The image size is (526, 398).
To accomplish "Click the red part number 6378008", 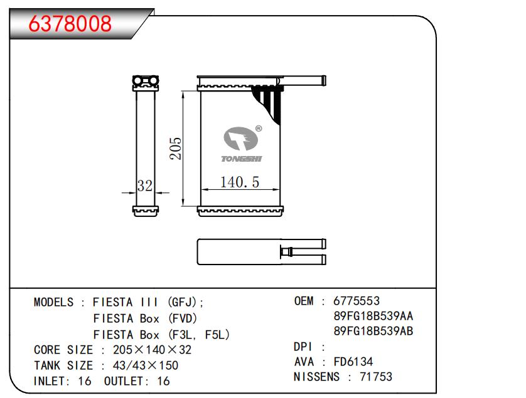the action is (70, 23).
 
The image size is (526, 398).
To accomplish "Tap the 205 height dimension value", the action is (176, 148).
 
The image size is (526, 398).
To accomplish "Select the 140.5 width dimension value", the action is (240, 182).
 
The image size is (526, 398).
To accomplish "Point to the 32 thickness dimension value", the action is (145, 186).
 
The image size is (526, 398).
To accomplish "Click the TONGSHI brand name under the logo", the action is (241, 159).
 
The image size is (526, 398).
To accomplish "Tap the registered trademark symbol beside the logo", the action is (259, 128).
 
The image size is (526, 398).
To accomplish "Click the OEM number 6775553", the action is (357, 301).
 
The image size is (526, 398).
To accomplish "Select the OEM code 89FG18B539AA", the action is (373, 316).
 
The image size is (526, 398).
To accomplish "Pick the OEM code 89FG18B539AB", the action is (373, 331).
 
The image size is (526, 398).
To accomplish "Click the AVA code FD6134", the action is (353, 362).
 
